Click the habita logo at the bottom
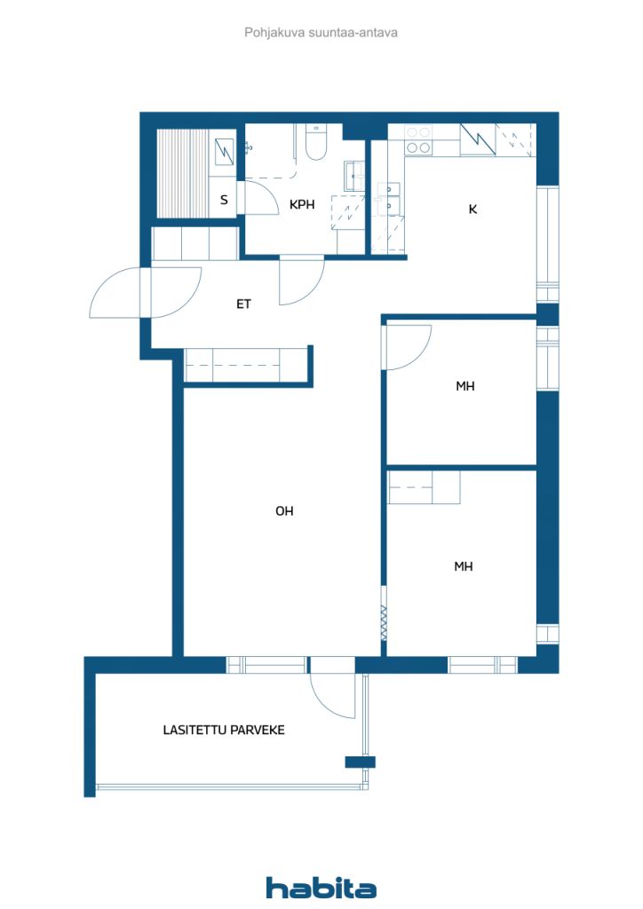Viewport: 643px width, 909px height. (x=321, y=888)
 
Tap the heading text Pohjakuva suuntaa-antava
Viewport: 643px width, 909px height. (x=321, y=33)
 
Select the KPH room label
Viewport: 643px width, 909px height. (x=302, y=204)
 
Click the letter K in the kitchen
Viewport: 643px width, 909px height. (x=472, y=209)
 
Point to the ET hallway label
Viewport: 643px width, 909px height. (x=243, y=304)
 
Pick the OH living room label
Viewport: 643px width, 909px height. (x=284, y=510)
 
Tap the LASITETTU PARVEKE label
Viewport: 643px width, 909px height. (x=224, y=730)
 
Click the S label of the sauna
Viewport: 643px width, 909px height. (x=225, y=200)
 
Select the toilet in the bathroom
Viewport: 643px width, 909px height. (x=316, y=143)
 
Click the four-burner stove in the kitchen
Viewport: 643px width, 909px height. (x=418, y=140)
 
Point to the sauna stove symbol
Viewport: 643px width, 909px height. (x=224, y=152)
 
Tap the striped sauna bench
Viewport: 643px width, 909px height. (x=183, y=173)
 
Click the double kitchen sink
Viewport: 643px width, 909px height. (x=388, y=198)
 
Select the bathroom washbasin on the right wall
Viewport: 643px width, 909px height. (x=354, y=176)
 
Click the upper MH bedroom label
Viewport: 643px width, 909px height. (x=465, y=385)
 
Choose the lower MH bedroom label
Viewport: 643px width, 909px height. (x=464, y=566)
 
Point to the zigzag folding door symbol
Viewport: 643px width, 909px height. (x=384, y=623)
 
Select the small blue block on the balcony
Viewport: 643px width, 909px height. (x=360, y=762)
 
